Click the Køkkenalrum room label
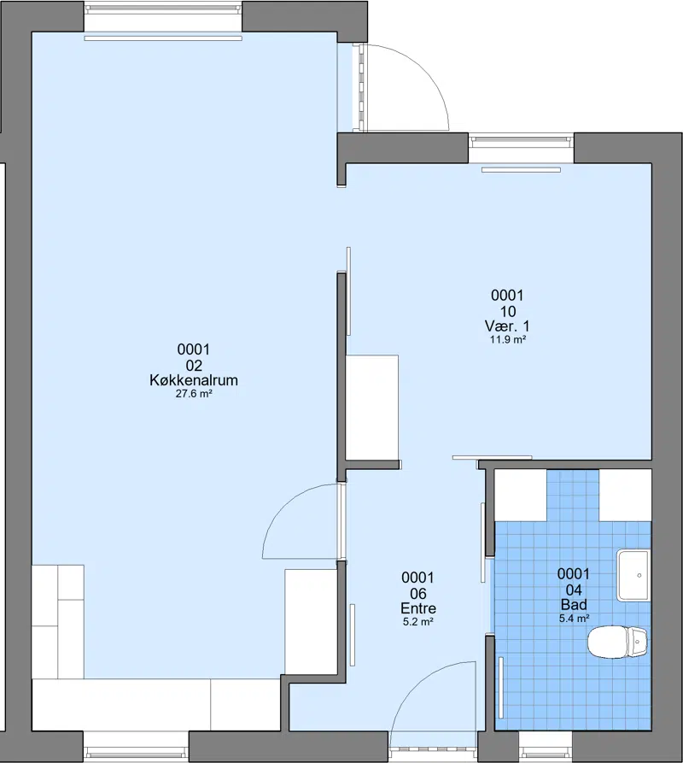[x=194, y=380]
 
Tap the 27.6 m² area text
[x=194, y=394]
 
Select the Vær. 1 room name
[x=507, y=326]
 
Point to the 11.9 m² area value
[x=507, y=340]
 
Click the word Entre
[x=418, y=608]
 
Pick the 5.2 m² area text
[x=418, y=621]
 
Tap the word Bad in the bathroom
[x=574, y=605]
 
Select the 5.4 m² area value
[x=574, y=619]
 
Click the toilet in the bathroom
[x=617, y=642]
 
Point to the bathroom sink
[x=633, y=575]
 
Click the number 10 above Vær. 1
[x=507, y=311]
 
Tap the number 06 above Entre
[x=418, y=594]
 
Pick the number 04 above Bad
[x=574, y=590]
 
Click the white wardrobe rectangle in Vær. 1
[x=372, y=407]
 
